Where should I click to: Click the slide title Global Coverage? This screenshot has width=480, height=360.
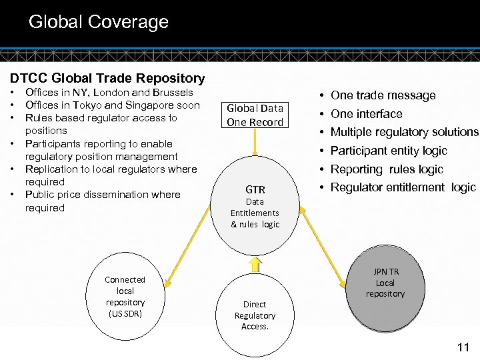tap(98, 22)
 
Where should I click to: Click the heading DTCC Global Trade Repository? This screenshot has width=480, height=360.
tap(107, 79)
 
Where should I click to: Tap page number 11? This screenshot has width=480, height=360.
tap(463, 347)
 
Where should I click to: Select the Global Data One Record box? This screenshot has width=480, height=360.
tap(255, 115)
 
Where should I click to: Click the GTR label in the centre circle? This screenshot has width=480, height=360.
tap(255, 189)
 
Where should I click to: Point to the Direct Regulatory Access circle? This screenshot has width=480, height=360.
tap(255, 315)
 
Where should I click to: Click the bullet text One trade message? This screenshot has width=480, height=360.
tap(383, 95)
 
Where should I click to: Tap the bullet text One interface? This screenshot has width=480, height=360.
tap(366, 114)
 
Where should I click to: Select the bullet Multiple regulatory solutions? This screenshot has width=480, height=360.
tap(404, 132)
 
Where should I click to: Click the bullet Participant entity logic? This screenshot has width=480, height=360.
tap(389, 151)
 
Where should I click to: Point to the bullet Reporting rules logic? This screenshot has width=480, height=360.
tap(386, 169)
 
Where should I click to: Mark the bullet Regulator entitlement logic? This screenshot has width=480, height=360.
tap(403, 187)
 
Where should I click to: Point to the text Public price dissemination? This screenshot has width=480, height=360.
tap(85, 195)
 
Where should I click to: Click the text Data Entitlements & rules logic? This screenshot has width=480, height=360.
tap(255, 213)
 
